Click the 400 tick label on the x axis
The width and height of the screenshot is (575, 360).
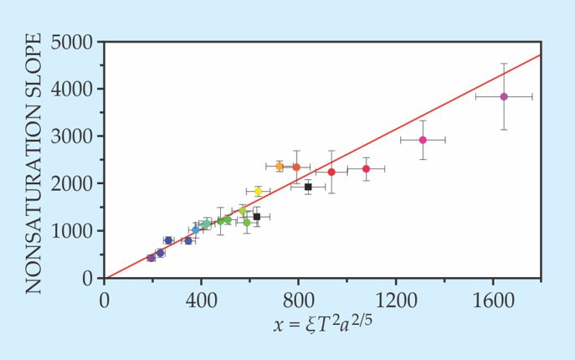pos(201,297)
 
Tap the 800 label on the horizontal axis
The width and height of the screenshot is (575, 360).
pos(298,297)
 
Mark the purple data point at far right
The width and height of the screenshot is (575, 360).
pos(504,96)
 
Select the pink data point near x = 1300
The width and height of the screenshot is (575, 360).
pos(423,140)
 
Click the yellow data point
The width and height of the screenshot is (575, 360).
pos(258,192)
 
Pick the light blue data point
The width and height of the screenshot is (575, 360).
pos(196,229)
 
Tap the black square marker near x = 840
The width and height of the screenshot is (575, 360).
pos(308,187)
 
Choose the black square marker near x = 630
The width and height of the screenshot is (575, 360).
pos(257,217)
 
